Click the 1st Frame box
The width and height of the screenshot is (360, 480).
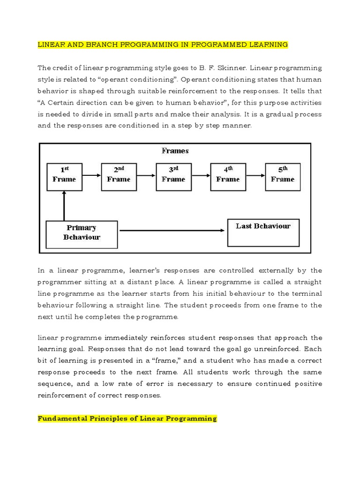pos(64,176)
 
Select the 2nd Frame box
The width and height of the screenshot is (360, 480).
pos(119,176)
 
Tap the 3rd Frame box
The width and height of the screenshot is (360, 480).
pos(173,176)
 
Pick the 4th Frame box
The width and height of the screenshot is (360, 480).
pos(228,176)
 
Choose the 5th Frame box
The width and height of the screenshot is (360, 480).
pos(283,176)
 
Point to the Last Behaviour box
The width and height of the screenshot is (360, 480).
pos(263,232)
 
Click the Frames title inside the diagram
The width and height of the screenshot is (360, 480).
pos(175,151)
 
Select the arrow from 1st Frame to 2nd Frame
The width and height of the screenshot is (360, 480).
pos(91,176)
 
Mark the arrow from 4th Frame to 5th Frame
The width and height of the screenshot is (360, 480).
pos(255,176)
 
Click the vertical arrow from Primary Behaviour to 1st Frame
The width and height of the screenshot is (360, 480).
pos(64,206)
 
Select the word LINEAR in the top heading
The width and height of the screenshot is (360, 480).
pos(51,45)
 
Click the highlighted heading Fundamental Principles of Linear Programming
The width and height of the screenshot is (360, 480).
pos(127,418)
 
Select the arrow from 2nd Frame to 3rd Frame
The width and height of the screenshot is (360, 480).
pos(146,176)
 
